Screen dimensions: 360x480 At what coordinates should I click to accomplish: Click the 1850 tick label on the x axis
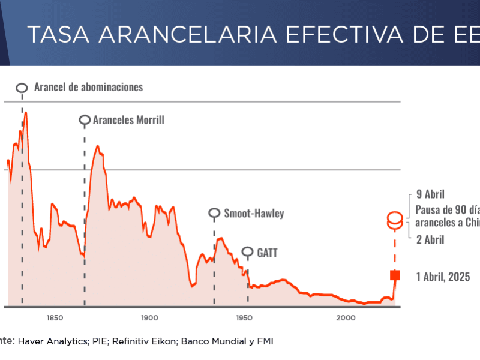pyautogui.click(x=53, y=317)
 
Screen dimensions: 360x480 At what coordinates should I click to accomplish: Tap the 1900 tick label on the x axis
pyautogui.click(x=149, y=317)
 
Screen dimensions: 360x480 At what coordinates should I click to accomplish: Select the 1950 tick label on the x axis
pyautogui.click(x=244, y=317)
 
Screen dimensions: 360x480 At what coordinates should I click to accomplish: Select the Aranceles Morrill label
pyautogui.click(x=128, y=120)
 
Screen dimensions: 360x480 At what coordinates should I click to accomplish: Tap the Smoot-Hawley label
pyautogui.click(x=254, y=213)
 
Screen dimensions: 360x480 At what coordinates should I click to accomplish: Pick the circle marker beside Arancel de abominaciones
pyautogui.click(x=22, y=88)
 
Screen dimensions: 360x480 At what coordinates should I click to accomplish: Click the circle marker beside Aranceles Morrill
pyautogui.click(x=85, y=121)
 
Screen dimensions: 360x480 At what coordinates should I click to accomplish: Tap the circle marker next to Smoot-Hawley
pyautogui.click(x=214, y=213)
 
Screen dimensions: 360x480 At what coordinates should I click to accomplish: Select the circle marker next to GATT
pyautogui.click(x=248, y=253)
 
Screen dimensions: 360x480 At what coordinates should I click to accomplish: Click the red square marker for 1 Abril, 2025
pyautogui.click(x=395, y=275)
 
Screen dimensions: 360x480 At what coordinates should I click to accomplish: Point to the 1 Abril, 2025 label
pyautogui.click(x=443, y=277)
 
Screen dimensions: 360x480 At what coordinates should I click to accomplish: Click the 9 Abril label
pyautogui.click(x=431, y=194)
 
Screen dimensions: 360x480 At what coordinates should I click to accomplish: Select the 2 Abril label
pyautogui.click(x=430, y=240)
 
